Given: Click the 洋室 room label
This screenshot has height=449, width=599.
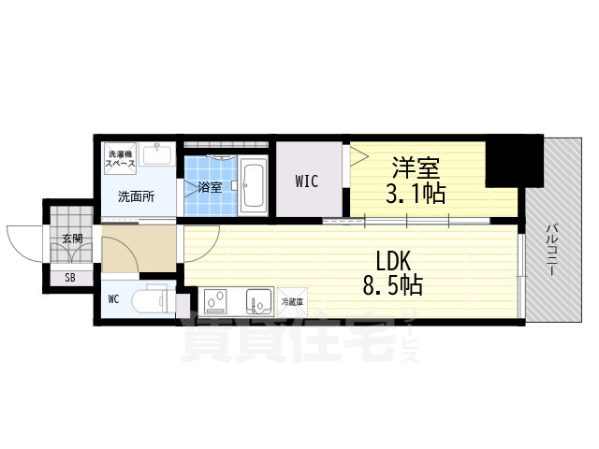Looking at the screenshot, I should point(416,169).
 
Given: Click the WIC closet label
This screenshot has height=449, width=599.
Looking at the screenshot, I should point(306,181).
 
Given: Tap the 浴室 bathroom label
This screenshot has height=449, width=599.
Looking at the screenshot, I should point(209,187).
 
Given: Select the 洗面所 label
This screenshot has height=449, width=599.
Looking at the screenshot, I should point(136,197).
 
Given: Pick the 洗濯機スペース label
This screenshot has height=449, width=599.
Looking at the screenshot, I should point(121,158).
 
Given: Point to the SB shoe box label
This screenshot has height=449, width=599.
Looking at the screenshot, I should point(71,277).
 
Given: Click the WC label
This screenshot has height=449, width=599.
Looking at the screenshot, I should point(113,300).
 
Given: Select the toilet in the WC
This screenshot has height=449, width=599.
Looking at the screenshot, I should point(152,301).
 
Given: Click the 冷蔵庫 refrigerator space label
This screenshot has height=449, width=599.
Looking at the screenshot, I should point(292,301).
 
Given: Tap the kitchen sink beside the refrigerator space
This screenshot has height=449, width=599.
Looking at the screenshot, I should point(257,301).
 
